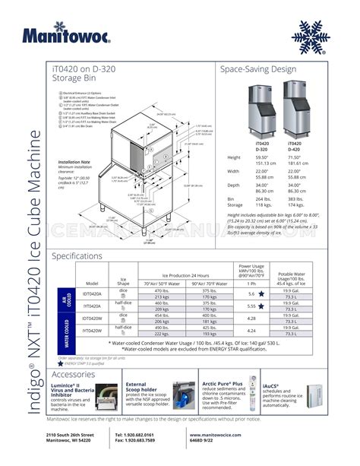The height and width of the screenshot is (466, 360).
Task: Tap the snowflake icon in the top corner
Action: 313,35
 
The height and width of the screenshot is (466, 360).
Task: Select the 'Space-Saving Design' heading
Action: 257,69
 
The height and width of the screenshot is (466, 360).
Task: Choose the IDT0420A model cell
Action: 93,293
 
